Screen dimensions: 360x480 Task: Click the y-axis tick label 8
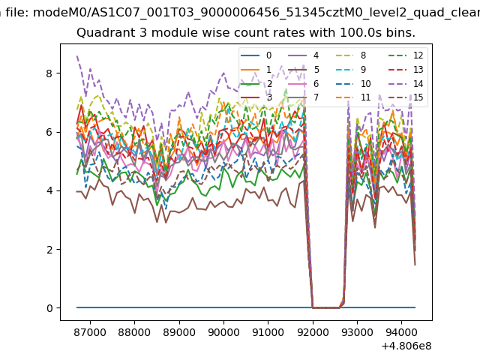point(50,73)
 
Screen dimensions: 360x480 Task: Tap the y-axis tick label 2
point(50,249)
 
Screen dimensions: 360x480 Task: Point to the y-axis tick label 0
point(50,308)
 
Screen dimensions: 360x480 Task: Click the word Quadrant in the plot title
point(101,33)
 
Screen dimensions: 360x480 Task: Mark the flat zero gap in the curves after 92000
point(326,307)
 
